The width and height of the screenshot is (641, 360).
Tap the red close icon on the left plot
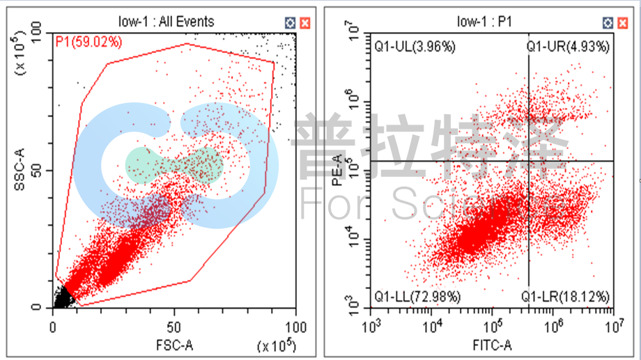[304, 23]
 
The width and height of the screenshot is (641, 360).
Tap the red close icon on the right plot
[621, 23]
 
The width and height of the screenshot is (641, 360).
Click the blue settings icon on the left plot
[290, 23]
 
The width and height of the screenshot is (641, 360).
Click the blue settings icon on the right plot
[608, 23]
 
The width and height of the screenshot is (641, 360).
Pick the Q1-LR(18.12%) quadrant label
[566, 297]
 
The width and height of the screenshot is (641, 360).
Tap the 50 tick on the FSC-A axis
[175, 326]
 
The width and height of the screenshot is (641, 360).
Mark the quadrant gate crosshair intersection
[529, 161]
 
